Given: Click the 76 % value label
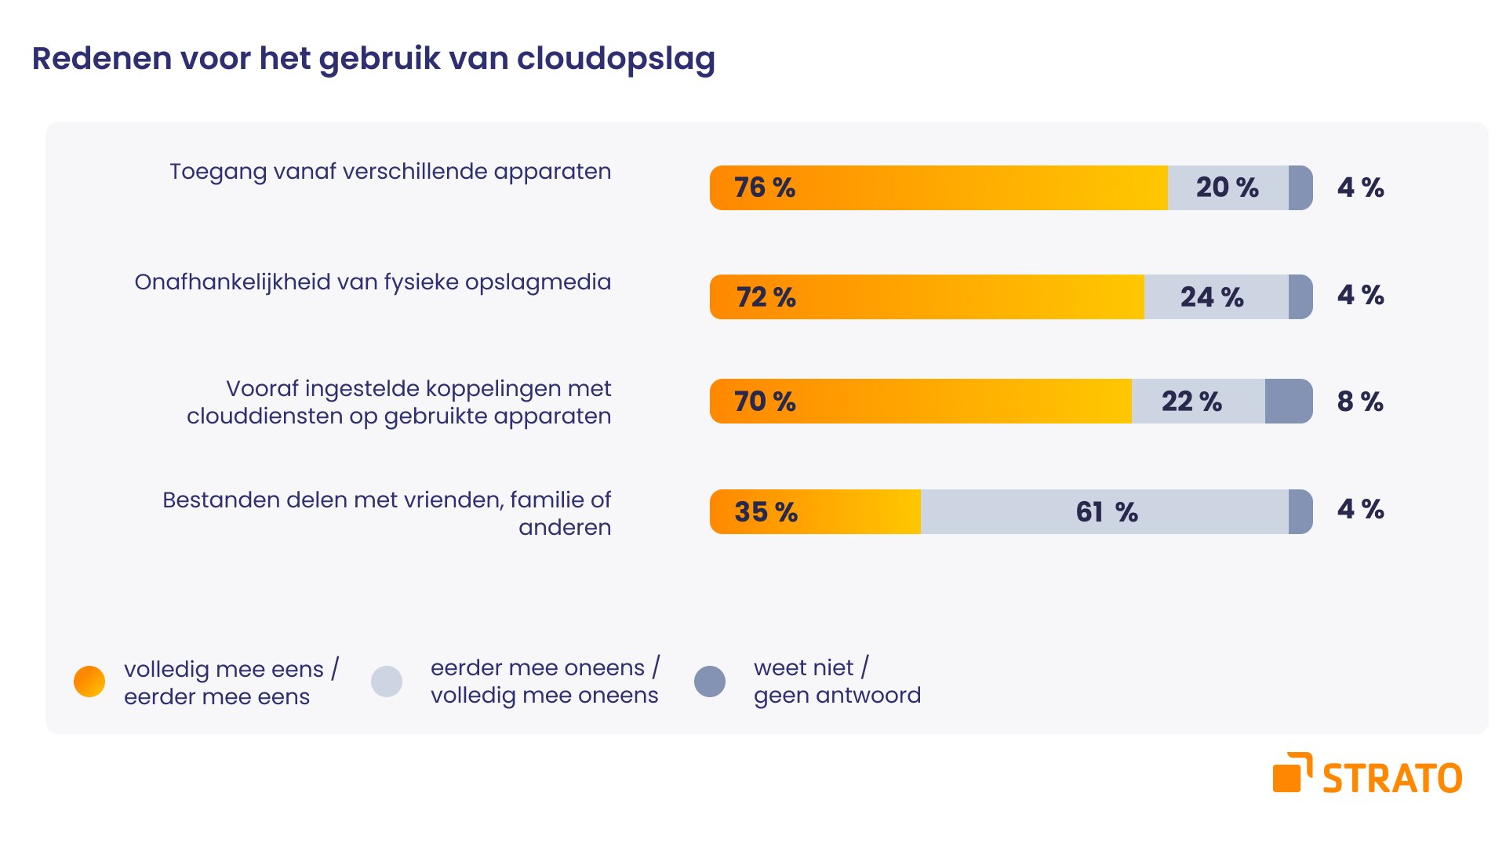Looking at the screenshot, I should [765, 187].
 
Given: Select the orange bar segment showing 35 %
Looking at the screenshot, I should [815, 511].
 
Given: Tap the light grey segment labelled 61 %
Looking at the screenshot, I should [1106, 512].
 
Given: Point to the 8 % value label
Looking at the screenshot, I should [1360, 402].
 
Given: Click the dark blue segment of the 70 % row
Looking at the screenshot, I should [1288, 402].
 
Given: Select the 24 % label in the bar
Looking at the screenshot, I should [1212, 297].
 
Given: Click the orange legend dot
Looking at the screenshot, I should [89, 682].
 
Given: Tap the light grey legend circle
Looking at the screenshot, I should [387, 682].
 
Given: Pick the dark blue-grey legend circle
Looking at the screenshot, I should [710, 682].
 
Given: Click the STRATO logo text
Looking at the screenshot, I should [1392, 779].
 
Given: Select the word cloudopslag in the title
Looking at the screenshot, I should [616, 59].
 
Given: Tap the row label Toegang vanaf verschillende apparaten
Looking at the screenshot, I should [390, 172].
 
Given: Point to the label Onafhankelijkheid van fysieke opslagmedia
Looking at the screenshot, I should [373, 282].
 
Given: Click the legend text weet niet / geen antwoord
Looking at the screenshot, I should [837, 682].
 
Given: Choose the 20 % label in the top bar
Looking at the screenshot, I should [1227, 187].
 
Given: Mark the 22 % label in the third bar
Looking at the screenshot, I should [1191, 402].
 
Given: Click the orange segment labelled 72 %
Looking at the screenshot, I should [926, 297].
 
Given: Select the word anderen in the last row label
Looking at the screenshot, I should [564, 527].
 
